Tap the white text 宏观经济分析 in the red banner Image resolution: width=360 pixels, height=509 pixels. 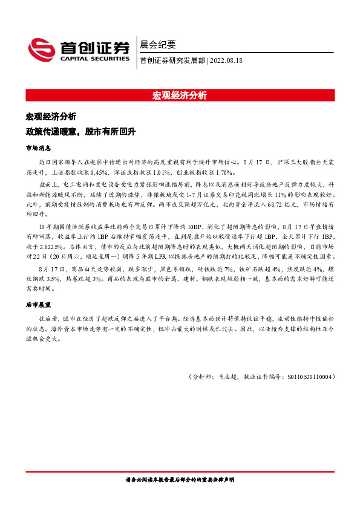pos(180,96)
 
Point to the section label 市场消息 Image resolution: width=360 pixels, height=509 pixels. pos(38,148)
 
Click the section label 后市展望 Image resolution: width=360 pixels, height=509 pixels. pos(38,306)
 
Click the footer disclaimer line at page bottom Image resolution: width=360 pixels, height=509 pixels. pos(180,479)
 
